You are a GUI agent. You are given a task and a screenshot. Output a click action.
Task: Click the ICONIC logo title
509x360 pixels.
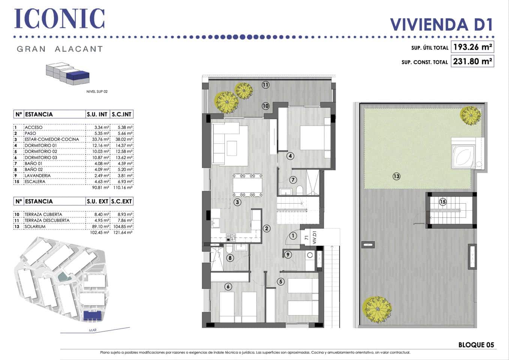click(59, 19)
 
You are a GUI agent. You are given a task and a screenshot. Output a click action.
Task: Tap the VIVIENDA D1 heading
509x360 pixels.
click(441, 25)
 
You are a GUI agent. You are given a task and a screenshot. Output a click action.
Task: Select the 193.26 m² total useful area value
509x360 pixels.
click(472, 47)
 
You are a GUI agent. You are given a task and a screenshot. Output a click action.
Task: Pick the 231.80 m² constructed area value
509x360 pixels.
click(472, 61)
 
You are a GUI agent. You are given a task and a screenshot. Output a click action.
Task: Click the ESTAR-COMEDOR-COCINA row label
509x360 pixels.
click(52, 139)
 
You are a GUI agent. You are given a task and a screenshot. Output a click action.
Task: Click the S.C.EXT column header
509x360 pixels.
click(122, 201)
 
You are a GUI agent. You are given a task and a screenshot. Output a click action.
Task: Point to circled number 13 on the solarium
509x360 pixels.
click(396, 176)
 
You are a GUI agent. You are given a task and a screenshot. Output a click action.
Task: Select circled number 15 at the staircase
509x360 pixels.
click(443, 202)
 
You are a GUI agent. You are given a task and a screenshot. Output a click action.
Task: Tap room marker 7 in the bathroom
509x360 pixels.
click(293, 180)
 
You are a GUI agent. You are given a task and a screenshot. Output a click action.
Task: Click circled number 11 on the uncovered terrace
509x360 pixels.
click(266, 85)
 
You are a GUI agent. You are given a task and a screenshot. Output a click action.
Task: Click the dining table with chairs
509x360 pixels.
click(248, 185)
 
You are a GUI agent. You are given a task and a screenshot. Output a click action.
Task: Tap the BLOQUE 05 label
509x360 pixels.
click(476, 345)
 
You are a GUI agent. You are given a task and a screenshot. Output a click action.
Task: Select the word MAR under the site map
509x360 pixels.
click(93, 330)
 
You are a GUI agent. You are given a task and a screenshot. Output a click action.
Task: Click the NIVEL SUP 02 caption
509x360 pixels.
click(97, 91)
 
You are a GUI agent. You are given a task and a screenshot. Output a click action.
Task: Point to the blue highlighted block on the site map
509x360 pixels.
click(93, 315)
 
